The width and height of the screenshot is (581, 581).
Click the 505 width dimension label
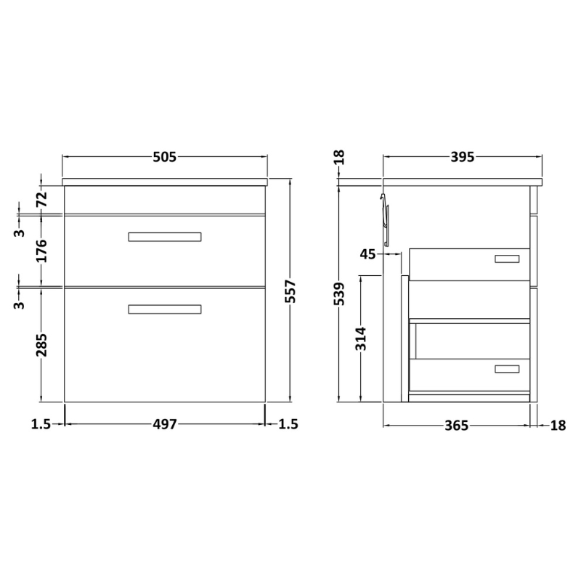tap(165, 157)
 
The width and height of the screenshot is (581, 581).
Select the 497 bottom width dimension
tap(165, 425)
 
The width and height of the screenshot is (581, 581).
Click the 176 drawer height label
tap(41, 251)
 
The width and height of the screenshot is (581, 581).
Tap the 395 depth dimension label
tap(462, 157)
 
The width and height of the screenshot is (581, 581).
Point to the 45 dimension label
tap(367, 253)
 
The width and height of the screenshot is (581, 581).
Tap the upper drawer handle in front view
tap(165, 237)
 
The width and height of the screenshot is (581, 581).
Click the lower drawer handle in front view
tap(165, 309)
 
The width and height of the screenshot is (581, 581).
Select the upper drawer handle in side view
tap(507, 259)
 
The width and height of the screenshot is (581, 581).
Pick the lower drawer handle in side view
tap(507, 370)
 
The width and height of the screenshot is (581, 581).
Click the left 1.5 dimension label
tap(41, 425)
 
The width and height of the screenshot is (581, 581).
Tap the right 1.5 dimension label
tap(288, 425)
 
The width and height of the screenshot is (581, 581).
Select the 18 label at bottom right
tap(558, 426)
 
